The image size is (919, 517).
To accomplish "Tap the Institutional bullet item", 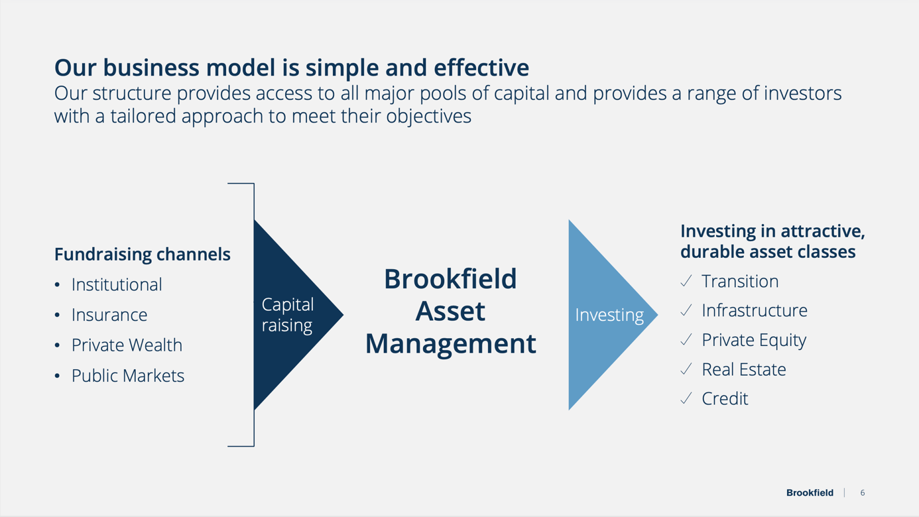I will tap(117, 284).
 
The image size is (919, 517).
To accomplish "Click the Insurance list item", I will tap(109, 315).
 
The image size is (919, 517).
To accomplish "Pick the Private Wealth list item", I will tap(127, 345).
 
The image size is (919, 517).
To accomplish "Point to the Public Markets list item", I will tap(128, 375).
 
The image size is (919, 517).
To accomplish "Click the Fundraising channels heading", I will tap(143, 254).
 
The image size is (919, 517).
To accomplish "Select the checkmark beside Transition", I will tap(686, 281).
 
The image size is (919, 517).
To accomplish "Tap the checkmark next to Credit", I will tap(686, 398).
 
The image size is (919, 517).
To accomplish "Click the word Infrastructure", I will tap(755, 310).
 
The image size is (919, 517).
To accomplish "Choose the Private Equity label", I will tap(754, 339).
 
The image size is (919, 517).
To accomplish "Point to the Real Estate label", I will tap(744, 369).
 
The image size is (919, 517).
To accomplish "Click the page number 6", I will tap(863, 492).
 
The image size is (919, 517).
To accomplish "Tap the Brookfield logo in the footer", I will tap(810, 492).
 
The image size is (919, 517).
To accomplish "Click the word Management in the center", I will tap(450, 343).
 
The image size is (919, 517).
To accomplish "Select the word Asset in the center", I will tap(450, 311).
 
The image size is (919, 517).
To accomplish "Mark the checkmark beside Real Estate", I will tap(686, 369).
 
